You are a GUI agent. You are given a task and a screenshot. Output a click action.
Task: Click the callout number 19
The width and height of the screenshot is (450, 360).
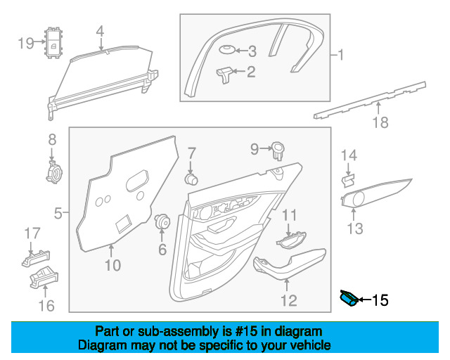[x=25, y=44]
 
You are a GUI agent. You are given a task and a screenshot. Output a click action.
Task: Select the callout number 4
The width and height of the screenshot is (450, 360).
[x=100, y=31]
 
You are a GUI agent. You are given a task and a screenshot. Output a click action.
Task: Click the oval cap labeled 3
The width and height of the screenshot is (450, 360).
[x=226, y=51]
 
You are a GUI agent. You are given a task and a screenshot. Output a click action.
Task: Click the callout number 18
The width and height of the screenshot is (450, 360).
[x=380, y=124]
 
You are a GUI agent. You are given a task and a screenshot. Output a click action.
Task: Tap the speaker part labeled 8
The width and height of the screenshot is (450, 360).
[x=52, y=171]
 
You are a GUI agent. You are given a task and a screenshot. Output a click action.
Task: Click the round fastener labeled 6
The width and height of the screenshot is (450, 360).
[x=163, y=221]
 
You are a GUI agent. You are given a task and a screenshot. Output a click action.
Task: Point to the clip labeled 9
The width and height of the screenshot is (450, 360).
[x=278, y=149]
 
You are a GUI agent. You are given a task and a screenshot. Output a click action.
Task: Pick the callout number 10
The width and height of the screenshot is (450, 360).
[x=113, y=264]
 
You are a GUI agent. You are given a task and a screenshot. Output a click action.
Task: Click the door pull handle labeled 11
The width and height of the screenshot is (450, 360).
[x=290, y=241]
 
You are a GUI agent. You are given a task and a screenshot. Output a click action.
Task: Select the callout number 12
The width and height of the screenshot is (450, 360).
[x=289, y=300]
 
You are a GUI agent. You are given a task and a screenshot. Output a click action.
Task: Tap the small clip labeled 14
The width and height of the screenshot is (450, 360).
[x=347, y=180]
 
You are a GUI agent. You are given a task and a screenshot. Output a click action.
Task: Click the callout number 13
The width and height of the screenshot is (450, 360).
[x=355, y=228]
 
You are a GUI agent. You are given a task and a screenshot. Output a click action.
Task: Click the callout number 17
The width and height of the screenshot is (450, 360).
[x=33, y=233]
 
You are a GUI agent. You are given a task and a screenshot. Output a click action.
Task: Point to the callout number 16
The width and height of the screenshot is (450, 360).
[x=46, y=304]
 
